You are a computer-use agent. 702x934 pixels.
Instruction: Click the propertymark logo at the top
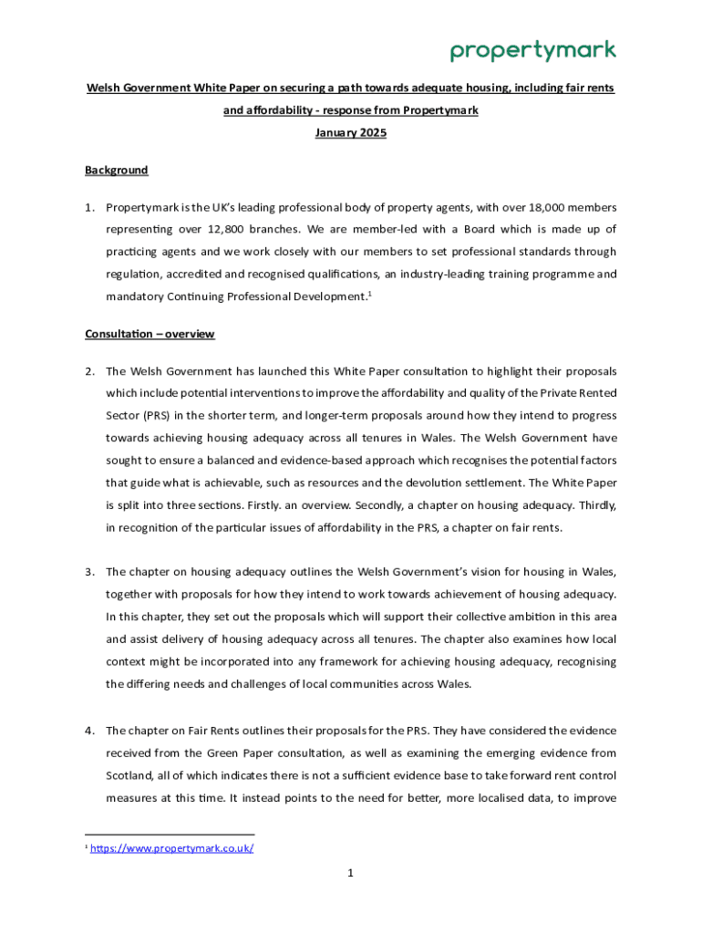coord(532,50)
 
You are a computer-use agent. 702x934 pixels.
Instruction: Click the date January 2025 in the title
coord(351,133)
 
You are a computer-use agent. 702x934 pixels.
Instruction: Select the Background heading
coord(117,171)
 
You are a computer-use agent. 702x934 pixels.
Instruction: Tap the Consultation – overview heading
coord(150,334)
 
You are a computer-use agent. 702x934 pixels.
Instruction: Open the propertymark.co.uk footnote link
coord(171,848)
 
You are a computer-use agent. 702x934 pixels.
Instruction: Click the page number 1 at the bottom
coord(350,873)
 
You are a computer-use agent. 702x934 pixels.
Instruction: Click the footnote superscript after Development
coord(368,293)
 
